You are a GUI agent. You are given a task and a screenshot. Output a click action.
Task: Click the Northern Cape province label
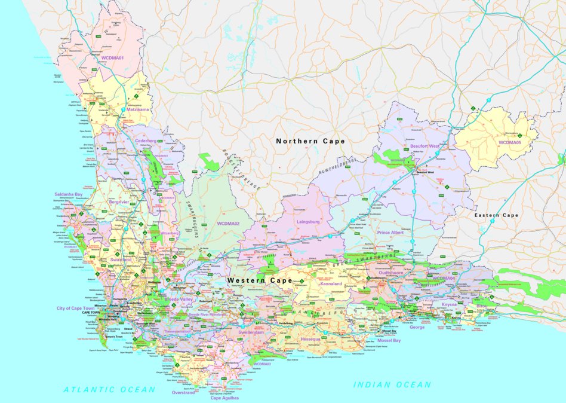tap(310, 141)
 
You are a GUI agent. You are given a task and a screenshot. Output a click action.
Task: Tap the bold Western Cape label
tap(259, 280)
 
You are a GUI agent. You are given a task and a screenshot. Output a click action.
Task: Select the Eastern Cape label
tap(496, 215)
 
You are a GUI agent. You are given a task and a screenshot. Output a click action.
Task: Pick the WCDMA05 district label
tap(510, 142)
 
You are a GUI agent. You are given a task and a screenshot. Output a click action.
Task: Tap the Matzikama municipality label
tap(138, 110)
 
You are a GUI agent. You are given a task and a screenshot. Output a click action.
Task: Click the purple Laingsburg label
tap(309, 222)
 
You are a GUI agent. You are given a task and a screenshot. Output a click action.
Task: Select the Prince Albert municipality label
tap(391, 232)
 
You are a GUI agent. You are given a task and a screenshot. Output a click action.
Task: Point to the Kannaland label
tap(331, 284)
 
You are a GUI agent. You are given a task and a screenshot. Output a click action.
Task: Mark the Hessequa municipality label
tap(311, 338)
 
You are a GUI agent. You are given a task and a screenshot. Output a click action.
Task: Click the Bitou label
tap(482, 306)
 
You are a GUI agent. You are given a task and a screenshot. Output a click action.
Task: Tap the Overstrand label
tap(183, 393)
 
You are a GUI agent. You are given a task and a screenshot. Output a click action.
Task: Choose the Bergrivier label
tap(119, 202)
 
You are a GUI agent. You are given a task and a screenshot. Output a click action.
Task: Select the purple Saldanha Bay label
tap(69, 194)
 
